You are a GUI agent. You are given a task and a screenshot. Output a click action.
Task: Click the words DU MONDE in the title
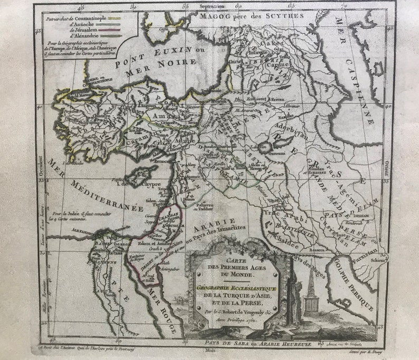click(236, 274)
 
